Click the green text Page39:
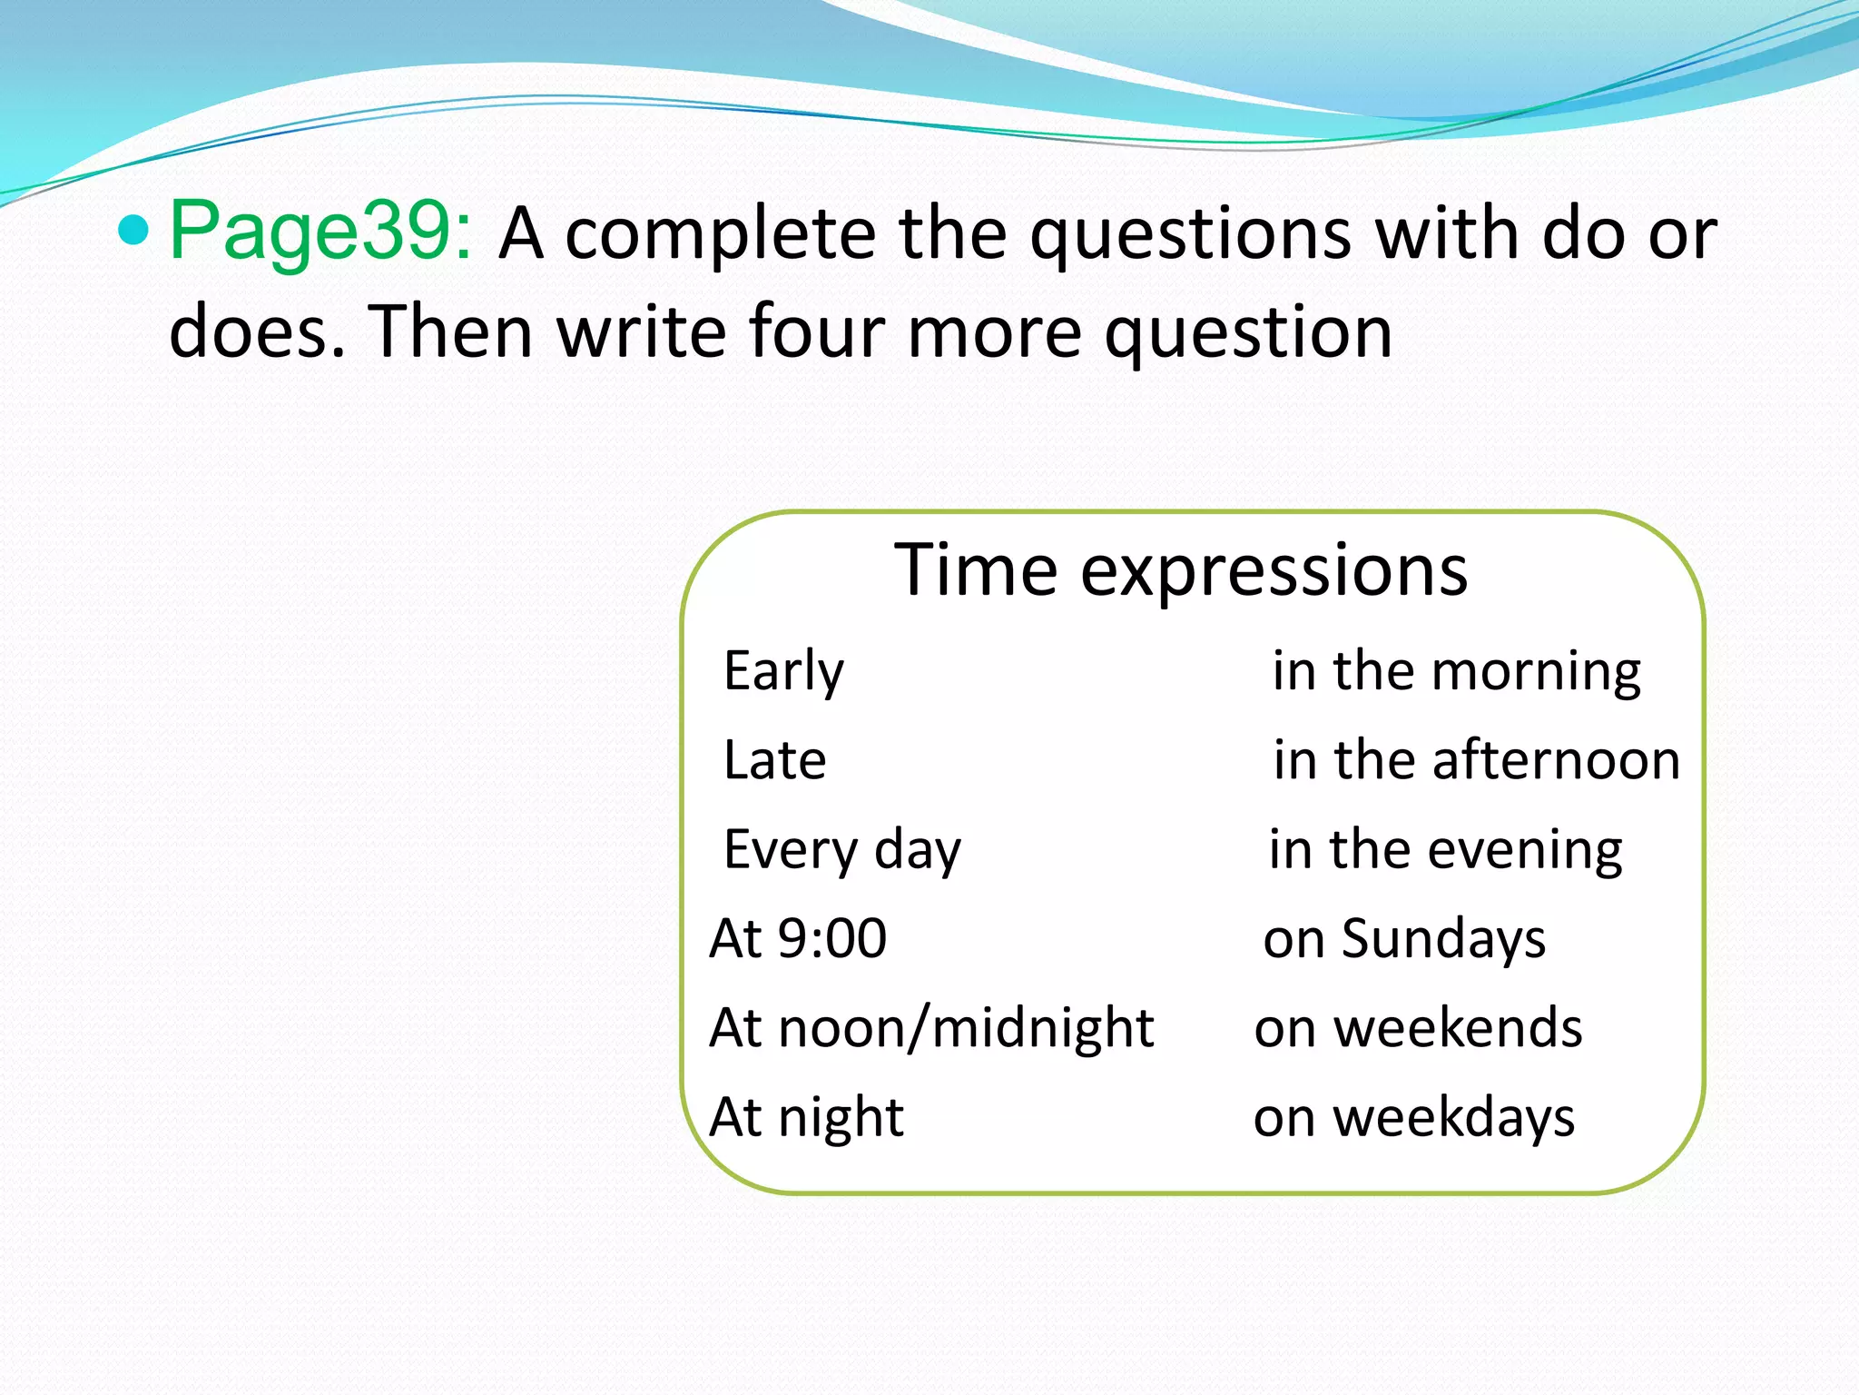320,232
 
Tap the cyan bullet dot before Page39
133,231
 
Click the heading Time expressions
1180,570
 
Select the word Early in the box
783,672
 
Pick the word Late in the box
774,760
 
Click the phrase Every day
841,850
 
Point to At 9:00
798,938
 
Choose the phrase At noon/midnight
931,1028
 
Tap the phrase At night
806,1117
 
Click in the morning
1456,672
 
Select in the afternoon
1476,760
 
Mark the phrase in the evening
1445,850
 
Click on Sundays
1404,938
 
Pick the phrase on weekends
1418,1028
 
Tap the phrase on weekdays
1414,1117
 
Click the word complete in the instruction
721,234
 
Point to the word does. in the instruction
257,331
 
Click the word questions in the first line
1191,234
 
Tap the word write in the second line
641,331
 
